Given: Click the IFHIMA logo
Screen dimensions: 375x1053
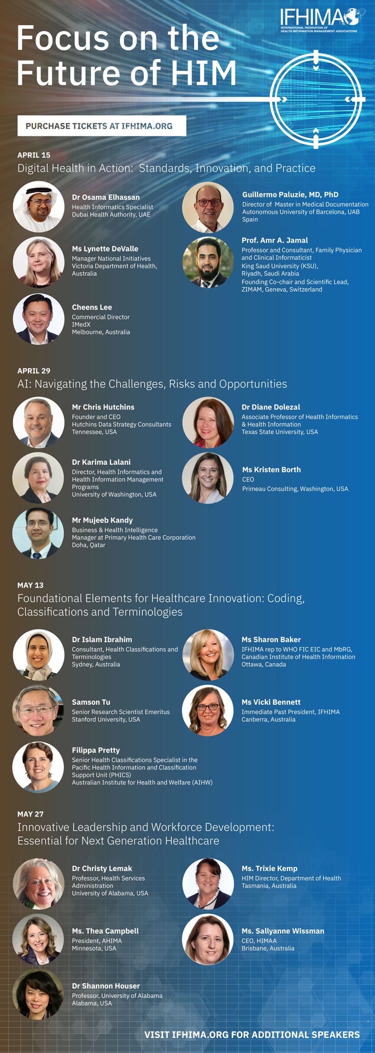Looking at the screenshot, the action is [x=321, y=20].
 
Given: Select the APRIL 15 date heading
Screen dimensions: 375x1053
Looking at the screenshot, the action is [x=34, y=155].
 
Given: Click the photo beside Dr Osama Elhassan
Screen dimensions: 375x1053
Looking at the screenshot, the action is [x=39, y=207].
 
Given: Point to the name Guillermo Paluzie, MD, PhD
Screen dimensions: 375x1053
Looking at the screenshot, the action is [x=290, y=194].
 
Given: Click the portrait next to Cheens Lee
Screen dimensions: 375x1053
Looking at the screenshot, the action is [x=39, y=319].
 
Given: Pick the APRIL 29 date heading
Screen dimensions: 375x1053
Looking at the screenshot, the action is [x=34, y=371].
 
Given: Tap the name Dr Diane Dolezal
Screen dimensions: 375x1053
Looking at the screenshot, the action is [x=271, y=407].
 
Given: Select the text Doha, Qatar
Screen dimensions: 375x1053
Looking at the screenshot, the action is [x=89, y=545].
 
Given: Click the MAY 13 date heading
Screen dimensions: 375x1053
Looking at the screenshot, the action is [x=31, y=585].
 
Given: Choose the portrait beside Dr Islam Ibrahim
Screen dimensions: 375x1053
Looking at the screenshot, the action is [x=39, y=655].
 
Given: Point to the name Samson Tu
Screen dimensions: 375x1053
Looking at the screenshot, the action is [x=91, y=702].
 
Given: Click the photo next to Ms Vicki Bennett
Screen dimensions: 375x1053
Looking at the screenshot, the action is [x=208, y=711].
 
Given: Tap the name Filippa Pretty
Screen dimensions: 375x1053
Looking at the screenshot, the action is [x=96, y=750].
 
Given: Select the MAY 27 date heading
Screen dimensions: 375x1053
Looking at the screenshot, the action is [x=31, y=814].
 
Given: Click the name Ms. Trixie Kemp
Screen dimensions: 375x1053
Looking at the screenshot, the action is [x=270, y=868].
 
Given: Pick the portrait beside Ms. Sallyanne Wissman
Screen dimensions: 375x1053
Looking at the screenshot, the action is [x=208, y=939].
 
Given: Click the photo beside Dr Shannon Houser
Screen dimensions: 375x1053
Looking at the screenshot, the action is [x=39, y=995].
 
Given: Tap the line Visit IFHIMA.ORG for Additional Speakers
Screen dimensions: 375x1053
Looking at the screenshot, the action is [x=252, y=1035].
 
